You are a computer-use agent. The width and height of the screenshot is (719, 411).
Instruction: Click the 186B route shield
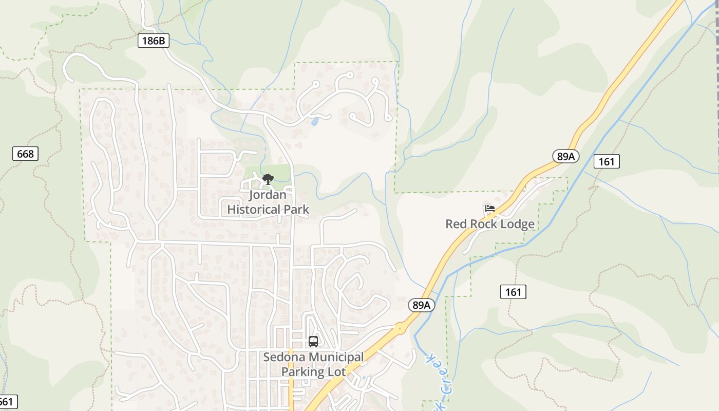153,41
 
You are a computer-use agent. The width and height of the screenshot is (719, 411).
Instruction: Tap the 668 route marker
25,154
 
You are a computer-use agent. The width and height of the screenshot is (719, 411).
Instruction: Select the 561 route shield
7,402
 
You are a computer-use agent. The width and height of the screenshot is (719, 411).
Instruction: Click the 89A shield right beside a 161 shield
565,156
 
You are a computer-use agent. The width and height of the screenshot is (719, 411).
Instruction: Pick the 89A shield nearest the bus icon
421,305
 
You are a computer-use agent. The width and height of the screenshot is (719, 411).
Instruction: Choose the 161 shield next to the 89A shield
606,161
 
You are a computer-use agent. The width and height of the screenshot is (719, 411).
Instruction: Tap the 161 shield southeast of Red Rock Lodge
513,292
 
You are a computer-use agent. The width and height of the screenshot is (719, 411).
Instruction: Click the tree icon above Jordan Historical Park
268,179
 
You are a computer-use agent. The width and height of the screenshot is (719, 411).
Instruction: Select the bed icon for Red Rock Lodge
489,209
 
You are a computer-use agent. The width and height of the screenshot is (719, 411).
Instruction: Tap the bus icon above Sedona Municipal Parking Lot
313,341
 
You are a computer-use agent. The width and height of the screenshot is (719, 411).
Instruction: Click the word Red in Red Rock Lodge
455,224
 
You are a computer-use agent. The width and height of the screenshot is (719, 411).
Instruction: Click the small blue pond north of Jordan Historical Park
314,122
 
